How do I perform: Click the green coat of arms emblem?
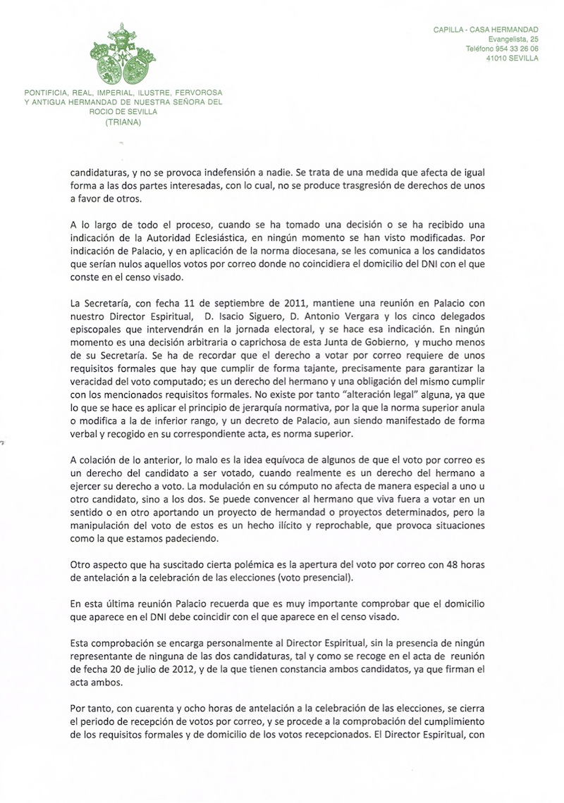[x=123, y=56]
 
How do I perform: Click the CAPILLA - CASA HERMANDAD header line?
[x=486, y=29]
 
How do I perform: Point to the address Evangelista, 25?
[x=508, y=39]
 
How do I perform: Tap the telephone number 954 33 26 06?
[x=513, y=49]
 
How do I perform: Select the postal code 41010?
[x=479, y=58]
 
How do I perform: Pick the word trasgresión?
[x=372, y=185]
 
